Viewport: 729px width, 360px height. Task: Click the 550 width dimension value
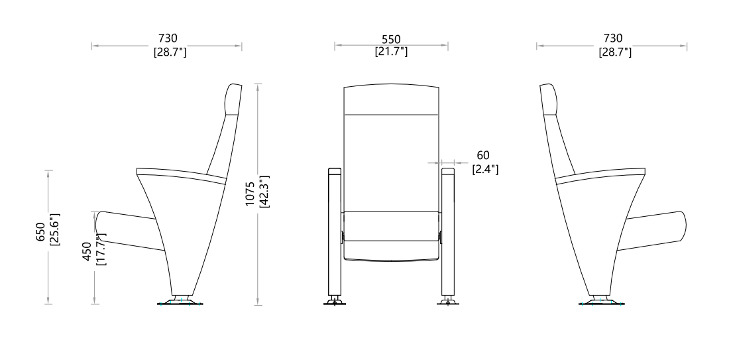click(x=391, y=40)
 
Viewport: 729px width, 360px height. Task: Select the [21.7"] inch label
click(x=391, y=51)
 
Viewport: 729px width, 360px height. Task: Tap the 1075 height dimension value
click(x=251, y=194)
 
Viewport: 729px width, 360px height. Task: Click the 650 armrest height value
click(x=41, y=231)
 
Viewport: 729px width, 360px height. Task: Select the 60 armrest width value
click(x=483, y=155)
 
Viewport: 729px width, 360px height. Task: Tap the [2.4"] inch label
click(x=485, y=170)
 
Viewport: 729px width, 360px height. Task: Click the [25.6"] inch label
click(x=54, y=229)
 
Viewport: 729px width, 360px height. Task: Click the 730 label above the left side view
click(x=168, y=40)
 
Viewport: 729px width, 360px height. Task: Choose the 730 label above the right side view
click(x=613, y=40)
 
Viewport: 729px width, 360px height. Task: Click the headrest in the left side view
click(x=233, y=99)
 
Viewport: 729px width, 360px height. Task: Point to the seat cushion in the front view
click(x=391, y=235)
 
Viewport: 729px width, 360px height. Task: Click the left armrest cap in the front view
click(x=334, y=172)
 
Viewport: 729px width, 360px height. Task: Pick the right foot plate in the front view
click(x=449, y=304)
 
